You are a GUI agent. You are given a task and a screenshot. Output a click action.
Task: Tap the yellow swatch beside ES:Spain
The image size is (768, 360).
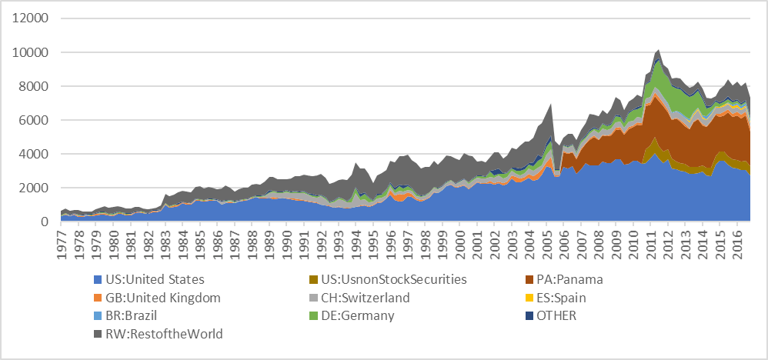tap(526, 298)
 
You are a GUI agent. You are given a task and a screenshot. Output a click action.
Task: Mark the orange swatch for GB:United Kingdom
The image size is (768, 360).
tap(98, 298)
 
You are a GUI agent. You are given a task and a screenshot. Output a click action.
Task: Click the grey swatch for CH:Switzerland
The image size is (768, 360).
tap(312, 298)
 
